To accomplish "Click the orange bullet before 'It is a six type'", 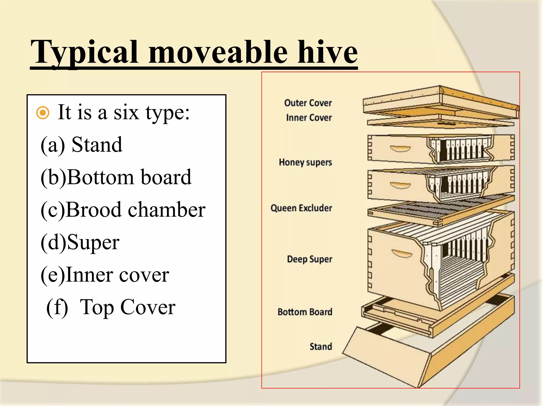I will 43,113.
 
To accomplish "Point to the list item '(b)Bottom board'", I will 116,177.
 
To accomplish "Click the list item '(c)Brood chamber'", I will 123,210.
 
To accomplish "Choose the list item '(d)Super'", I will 80,242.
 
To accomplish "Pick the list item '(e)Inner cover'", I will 105,275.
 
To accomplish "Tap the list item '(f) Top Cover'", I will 111,307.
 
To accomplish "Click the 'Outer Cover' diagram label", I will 308,103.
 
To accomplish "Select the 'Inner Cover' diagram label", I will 309,118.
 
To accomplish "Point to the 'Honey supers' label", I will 305,162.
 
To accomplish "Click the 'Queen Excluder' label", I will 301,208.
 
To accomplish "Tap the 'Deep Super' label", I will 309,259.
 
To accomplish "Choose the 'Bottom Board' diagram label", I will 305,312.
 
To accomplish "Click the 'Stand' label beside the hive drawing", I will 321,347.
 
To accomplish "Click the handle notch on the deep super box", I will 402,254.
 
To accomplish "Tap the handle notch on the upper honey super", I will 400,149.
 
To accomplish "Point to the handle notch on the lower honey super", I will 400,185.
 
